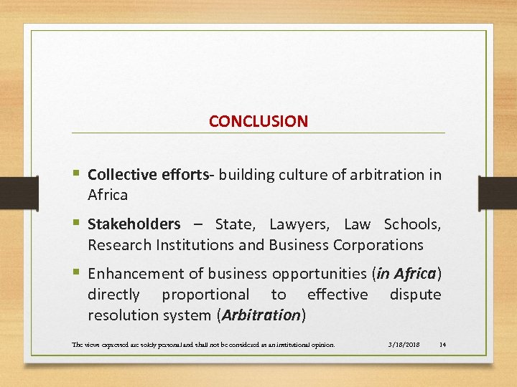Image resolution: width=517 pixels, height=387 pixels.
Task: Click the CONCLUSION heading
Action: (258, 121)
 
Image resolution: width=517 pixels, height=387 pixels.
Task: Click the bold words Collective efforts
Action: (152, 175)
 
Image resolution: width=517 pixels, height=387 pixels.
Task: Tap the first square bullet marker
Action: (76, 174)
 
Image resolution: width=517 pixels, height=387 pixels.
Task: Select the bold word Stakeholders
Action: (134, 224)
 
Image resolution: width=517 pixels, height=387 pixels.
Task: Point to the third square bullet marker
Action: (76, 273)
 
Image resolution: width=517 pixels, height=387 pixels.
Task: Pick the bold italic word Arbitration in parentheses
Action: (261, 315)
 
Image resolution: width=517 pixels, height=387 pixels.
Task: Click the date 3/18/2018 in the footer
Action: (404, 345)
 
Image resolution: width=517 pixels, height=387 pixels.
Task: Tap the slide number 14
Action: (442, 345)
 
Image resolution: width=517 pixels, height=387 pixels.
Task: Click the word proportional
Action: (206, 295)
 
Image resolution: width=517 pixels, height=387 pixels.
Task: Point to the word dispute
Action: (415, 295)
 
